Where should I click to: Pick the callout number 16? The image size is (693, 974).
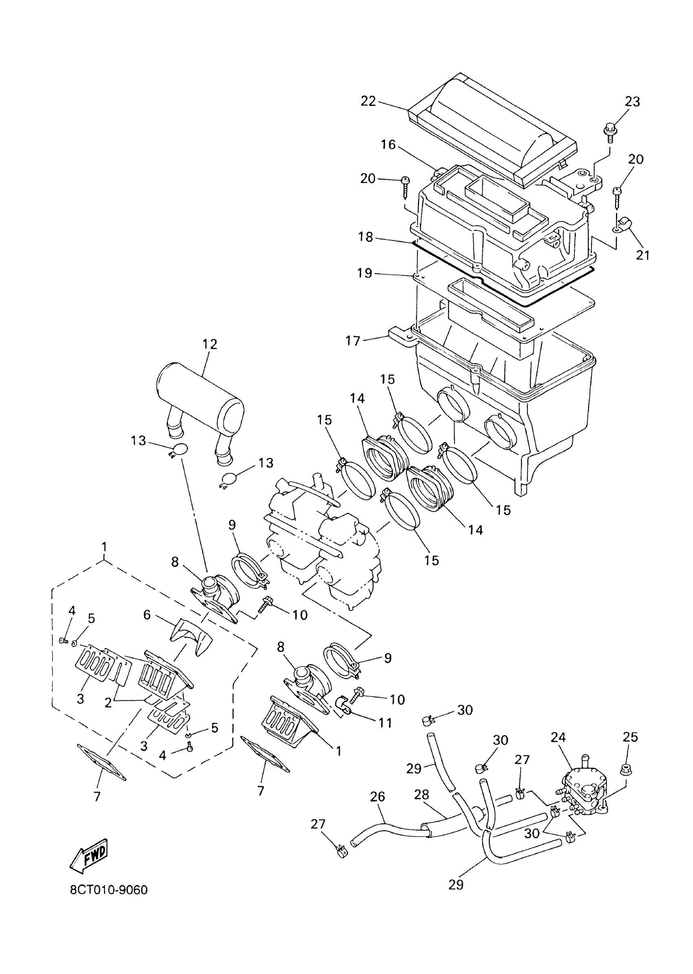pyautogui.click(x=388, y=145)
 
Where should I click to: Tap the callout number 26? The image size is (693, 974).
pyautogui.click(x=377, y=797)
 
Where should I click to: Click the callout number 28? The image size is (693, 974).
pyautogui.click(x=422, y=794)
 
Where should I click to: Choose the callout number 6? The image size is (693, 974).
pyautogui.click(x=147, y=615)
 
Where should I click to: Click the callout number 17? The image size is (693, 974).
pyautogui.click(x=353, y=341)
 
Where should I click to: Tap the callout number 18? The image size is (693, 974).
pyautogui.click(x=366, y=237)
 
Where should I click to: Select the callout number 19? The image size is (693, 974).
pyautogui.click(x=364, y=273)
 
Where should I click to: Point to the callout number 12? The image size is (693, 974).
pyautogui.click(x=210, y=344)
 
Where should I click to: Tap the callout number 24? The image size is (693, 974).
pyautogui.click(x=558, y=737)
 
